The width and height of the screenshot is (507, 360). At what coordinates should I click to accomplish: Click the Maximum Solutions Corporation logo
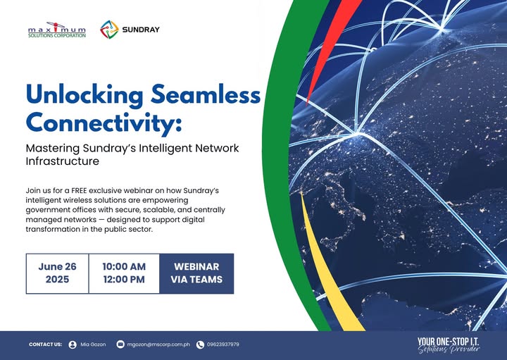(57, 30)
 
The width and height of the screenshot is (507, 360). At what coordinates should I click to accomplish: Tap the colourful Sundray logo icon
(109, 30)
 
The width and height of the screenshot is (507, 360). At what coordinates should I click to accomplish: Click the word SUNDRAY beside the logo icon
(141, 30)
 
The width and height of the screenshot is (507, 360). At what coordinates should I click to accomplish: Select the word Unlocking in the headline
(84, 95)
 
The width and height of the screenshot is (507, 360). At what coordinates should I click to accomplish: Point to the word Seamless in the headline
(206, 94)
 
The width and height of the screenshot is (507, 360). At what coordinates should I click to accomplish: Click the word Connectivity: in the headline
(104, 123)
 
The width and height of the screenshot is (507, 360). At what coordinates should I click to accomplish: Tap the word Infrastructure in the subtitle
(63, 161)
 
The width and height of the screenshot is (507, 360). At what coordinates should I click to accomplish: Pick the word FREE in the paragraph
(79, 190)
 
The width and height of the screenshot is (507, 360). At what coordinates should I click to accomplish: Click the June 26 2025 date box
(57, 273)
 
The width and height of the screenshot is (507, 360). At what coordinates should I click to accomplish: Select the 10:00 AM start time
(124, 266)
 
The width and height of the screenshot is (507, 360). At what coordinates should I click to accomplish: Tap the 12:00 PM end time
(124, 280)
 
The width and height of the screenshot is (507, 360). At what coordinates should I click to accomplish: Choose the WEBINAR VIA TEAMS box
(196, 273)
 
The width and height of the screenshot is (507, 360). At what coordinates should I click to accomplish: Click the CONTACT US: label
(45, 345)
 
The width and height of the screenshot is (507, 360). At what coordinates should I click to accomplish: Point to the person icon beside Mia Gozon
(73, 345)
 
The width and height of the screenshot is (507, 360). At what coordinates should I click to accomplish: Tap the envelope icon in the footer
(120, 345)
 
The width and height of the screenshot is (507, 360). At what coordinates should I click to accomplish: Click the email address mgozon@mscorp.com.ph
(158, 345)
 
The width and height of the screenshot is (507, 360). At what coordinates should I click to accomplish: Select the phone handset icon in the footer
(200, 345)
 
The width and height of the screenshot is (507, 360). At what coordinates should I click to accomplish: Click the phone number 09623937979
(223, 345)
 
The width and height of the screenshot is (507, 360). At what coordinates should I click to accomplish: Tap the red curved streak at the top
(333, 45)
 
